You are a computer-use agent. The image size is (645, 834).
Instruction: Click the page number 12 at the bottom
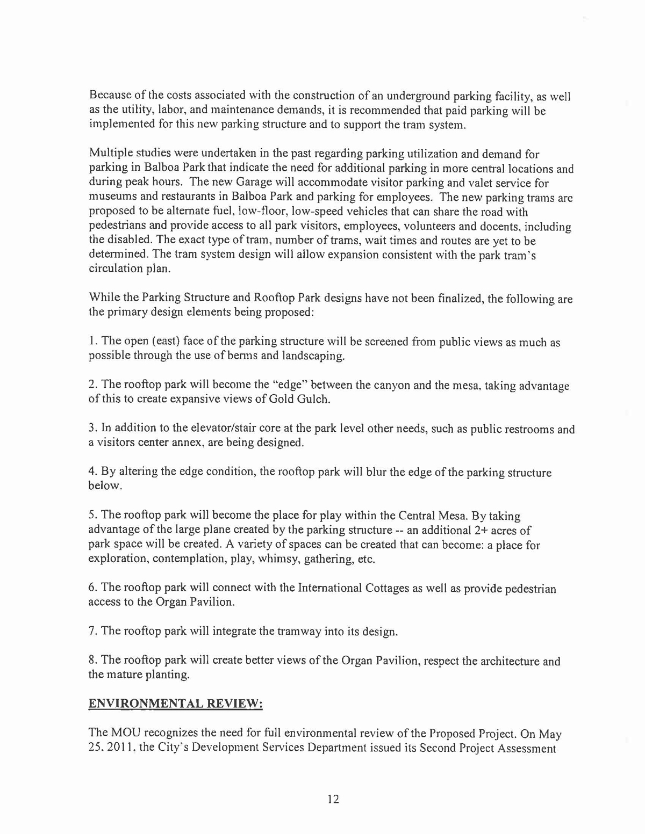(333, 799)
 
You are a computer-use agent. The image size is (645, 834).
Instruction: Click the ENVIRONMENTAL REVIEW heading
(175, 704)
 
